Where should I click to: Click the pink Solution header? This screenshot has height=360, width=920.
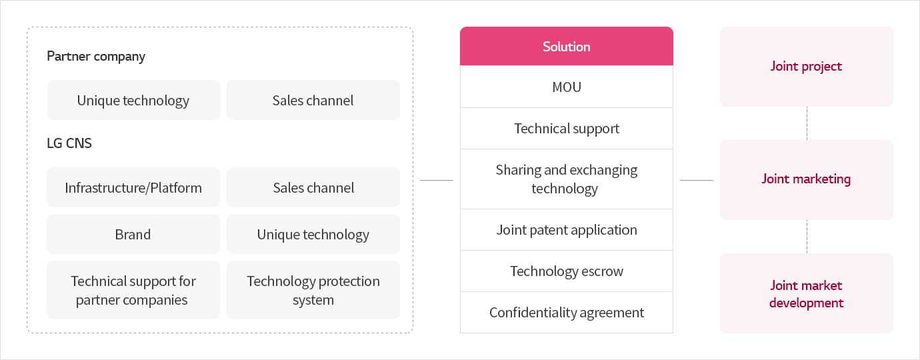567,47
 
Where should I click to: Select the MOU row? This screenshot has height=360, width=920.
567,87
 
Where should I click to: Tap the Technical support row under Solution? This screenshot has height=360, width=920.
567,129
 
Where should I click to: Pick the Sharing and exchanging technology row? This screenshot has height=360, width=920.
567,179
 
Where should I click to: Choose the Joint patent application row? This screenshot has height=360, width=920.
567,230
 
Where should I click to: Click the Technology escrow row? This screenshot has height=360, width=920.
567,271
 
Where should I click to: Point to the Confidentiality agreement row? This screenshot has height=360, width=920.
567,313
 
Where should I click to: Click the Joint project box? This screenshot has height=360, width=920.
806,67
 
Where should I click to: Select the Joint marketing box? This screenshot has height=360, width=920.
806,180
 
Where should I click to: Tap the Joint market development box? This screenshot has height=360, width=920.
806,293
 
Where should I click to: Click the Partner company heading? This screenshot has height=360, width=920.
96,56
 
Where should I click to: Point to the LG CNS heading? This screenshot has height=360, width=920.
69,143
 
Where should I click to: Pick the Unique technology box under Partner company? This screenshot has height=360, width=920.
133,100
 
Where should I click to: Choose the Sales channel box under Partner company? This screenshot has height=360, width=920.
313,100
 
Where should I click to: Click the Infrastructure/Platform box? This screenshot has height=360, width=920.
133,187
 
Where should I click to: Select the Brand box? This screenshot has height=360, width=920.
133,234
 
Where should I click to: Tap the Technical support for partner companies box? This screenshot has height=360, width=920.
133,290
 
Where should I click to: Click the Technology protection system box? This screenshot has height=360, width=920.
313,290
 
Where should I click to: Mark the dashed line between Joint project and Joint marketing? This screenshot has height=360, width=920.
807,123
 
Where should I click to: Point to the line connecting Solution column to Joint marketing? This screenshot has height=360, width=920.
697,180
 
